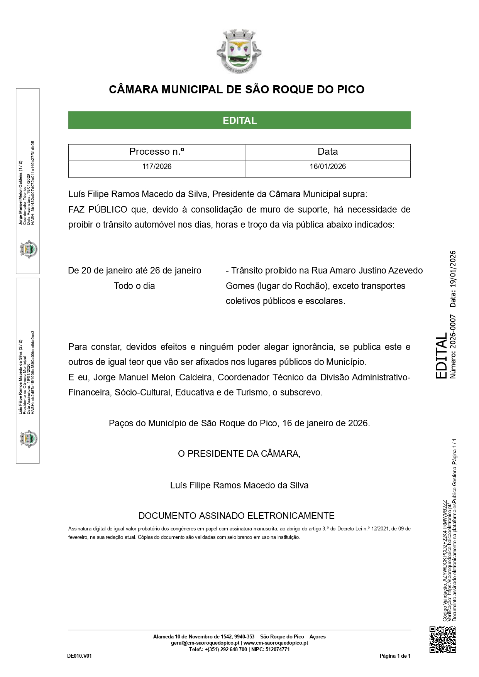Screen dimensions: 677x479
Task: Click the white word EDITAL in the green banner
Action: tap(240, 120)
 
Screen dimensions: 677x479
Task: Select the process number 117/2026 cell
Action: tap(157, 167)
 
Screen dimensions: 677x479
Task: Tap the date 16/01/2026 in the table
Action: tap(328, 167)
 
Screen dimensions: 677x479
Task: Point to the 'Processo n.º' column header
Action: tap(157, 152)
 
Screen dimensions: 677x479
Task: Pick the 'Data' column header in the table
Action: tap(328, 152)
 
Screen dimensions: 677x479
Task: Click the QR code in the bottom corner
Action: tap(443, 639)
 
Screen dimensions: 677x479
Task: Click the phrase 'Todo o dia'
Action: tap(134, 286)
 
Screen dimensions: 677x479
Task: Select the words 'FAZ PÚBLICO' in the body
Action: tap(98, 209)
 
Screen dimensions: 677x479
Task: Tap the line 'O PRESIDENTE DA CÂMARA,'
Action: tap(239, 454)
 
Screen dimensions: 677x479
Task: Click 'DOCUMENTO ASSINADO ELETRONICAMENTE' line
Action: tap(236, 516)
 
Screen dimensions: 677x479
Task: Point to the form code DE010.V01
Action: tap(80, 656)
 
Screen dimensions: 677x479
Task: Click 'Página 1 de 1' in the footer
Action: tap(395, 656)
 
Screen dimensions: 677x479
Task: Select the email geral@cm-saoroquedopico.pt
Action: tap(205, 643)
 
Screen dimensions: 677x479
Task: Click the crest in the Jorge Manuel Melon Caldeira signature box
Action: tap(28, 249)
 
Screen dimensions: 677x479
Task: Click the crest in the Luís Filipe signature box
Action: tap(28, 439)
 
